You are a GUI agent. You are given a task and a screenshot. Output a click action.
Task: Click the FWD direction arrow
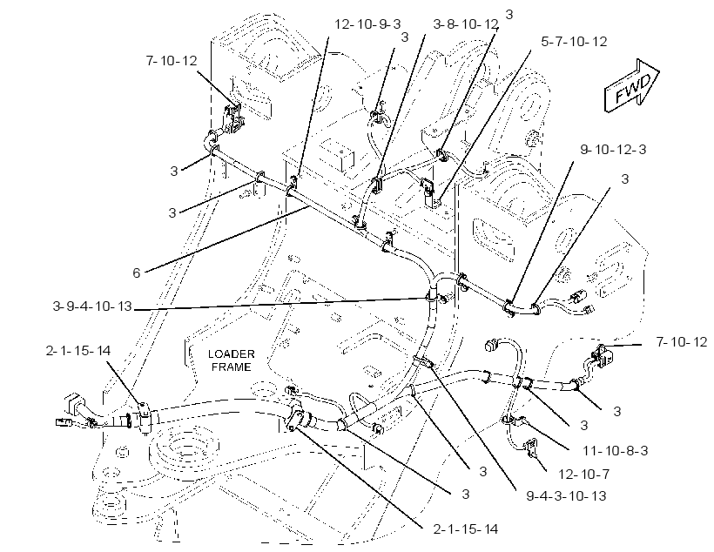point(631,85)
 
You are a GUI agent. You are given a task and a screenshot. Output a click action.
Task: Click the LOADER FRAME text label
point(232,360)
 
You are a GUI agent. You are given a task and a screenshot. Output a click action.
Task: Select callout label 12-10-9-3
point(367,24)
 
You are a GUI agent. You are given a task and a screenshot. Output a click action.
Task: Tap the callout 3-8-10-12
point(465,24)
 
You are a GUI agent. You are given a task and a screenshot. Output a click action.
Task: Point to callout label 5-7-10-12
point(574,42)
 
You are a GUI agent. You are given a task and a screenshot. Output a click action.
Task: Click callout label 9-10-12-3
point(613,150)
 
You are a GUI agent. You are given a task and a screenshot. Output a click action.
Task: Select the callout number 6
point(136,273)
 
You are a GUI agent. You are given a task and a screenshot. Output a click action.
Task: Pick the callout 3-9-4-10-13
point(92,306)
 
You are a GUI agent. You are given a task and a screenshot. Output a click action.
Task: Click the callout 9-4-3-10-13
point(566,495)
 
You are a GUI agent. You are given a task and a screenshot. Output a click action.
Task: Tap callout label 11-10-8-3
point(616,450)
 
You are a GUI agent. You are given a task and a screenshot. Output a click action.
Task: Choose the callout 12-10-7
point(583,475)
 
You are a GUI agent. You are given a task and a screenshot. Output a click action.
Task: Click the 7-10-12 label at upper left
point(172,60)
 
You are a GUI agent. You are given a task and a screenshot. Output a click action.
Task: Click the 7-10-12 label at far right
point(682,341)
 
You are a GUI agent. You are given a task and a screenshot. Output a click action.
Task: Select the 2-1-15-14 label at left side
point(77,350)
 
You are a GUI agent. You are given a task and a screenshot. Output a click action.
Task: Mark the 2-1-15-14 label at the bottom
point(465,528)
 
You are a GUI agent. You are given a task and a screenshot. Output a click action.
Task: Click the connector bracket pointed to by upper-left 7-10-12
point(233,120)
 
